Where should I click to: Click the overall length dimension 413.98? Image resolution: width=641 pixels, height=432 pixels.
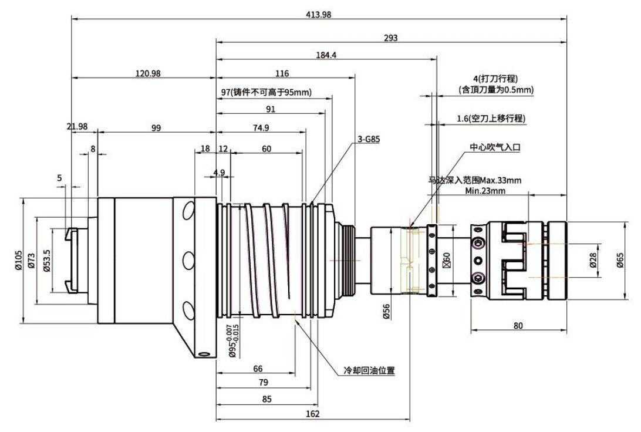[319, 15]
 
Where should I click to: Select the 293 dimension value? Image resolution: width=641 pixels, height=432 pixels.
[391, 38]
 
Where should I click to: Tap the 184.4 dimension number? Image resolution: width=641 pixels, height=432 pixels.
[326, 55]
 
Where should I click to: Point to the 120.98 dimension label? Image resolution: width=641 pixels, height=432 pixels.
[148, 73]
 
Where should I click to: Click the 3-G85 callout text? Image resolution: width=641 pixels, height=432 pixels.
[368, 139]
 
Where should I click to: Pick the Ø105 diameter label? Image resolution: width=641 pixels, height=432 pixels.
[18, 261]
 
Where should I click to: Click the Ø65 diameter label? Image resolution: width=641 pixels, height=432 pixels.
[620, 261]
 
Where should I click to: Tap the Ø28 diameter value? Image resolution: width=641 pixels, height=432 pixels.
[593, 261]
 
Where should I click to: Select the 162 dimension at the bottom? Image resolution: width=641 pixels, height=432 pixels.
[313, 414]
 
